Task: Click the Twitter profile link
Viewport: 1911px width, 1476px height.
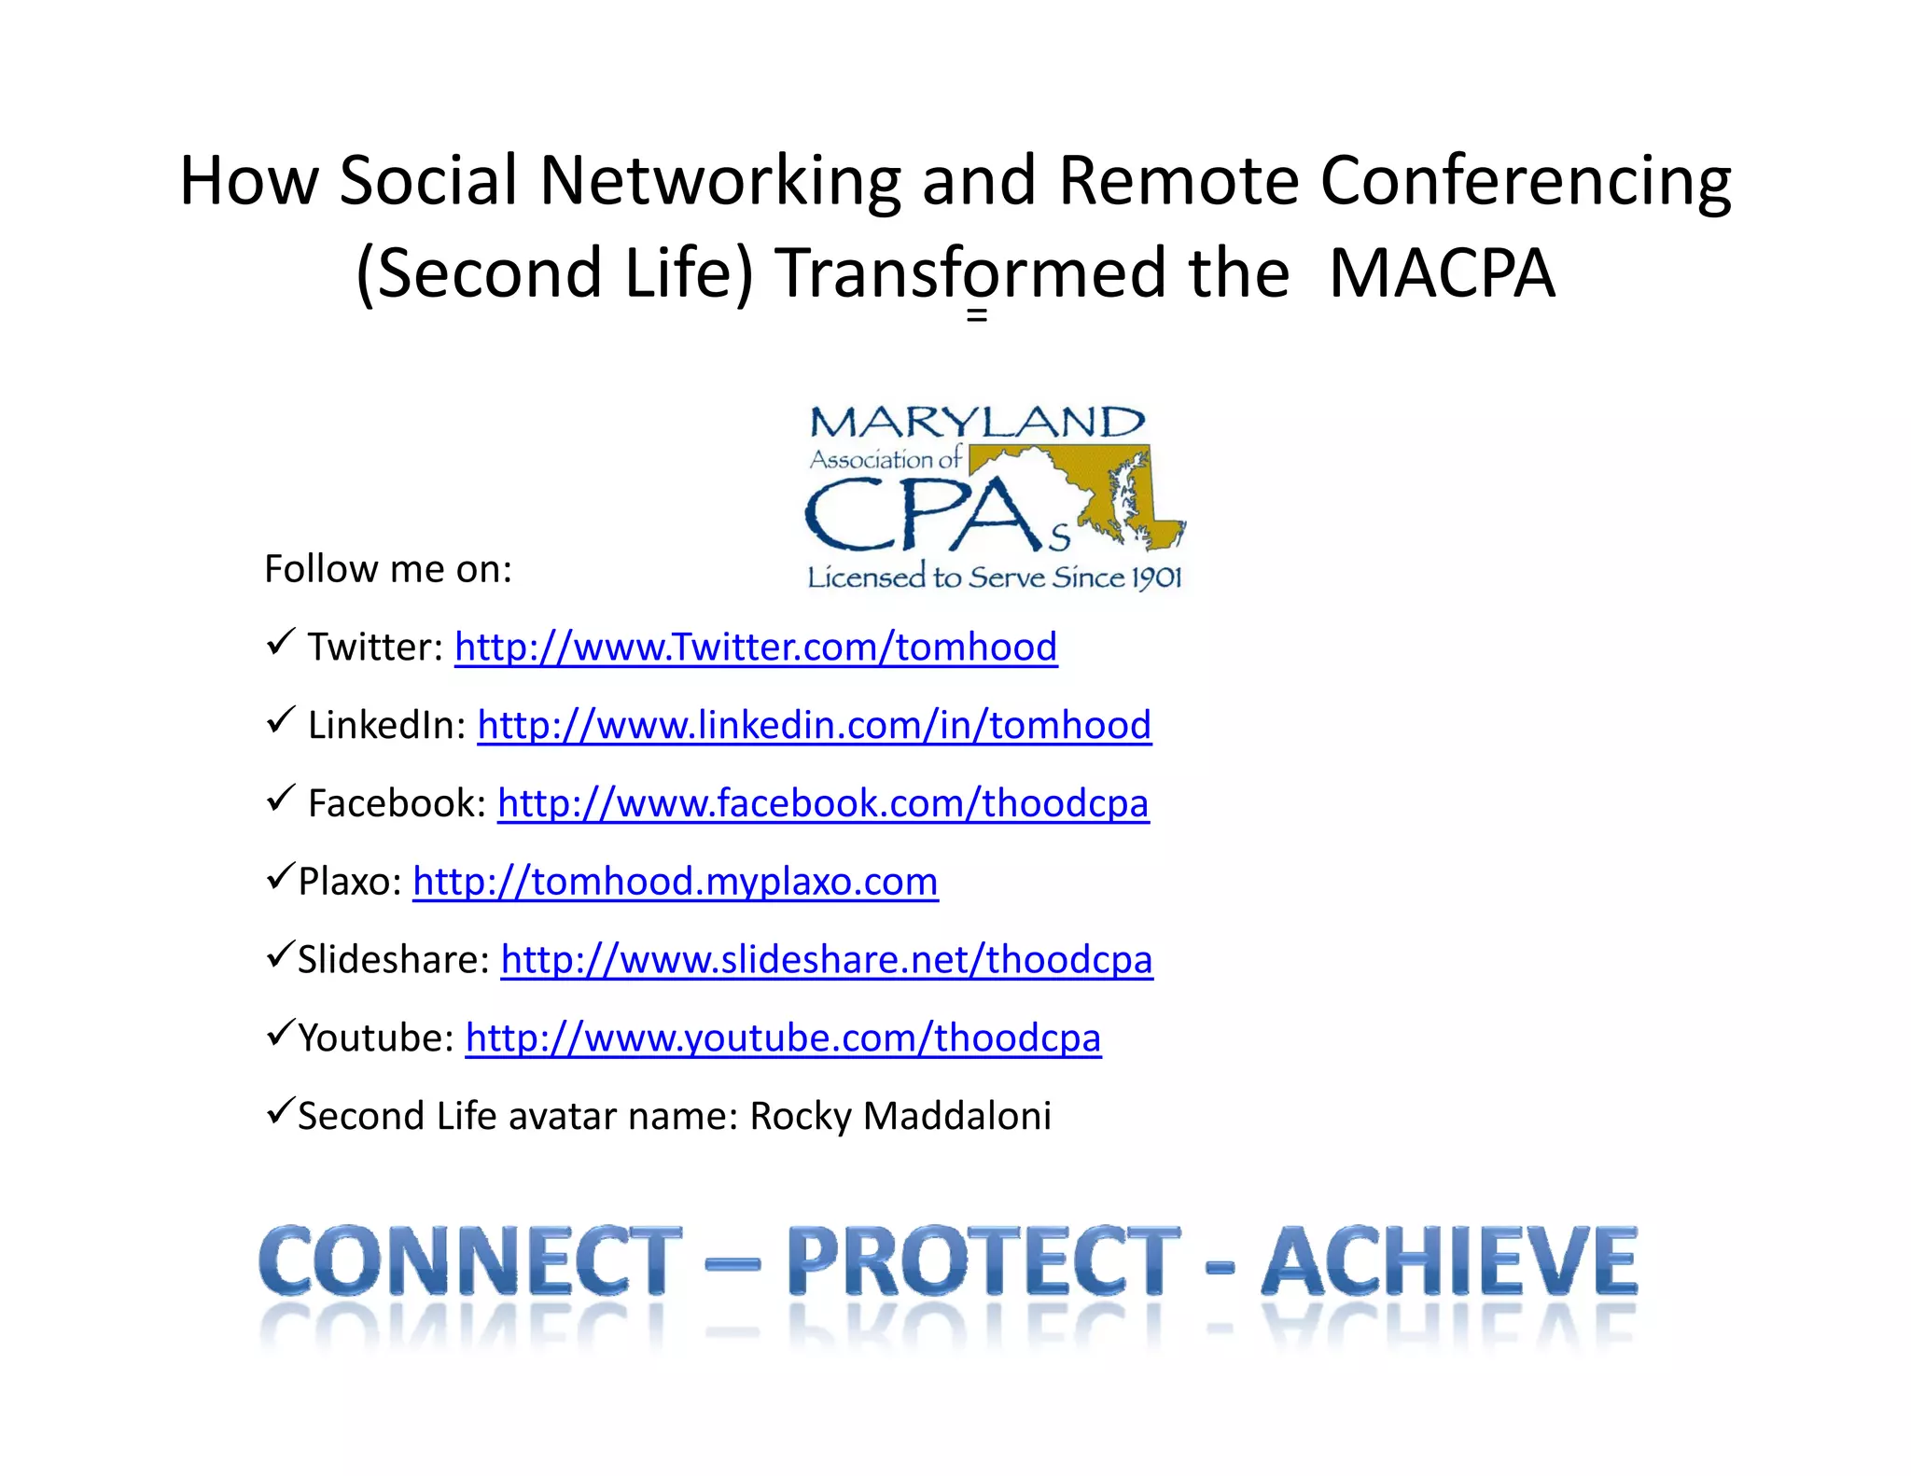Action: coord(756,647)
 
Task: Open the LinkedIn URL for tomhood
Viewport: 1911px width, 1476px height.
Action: coord(814,726)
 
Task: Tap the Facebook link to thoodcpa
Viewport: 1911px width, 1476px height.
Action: coord(823,803)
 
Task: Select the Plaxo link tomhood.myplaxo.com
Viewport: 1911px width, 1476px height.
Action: coord(675,882)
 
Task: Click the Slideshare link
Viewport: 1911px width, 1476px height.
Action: coord(827,960)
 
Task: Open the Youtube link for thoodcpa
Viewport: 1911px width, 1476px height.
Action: coord(783,1038)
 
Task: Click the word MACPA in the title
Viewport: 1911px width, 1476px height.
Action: coord(1442,273)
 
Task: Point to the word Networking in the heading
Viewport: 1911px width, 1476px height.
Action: coord(719,180)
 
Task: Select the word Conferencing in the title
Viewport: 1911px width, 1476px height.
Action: coord(1526,180)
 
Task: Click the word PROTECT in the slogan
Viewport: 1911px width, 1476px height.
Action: coord(983,1261)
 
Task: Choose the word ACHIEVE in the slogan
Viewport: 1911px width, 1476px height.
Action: coord(1449,1261)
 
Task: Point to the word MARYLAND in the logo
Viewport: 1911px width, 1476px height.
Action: coord(976,423)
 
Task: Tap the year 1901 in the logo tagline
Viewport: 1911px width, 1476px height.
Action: coord(1157,578)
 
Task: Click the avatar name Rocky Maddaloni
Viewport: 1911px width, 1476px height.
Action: coord(900,1117)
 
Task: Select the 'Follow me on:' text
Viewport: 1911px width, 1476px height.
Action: coord(388,569)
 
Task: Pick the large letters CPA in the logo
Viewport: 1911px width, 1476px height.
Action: coord(924,515)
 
